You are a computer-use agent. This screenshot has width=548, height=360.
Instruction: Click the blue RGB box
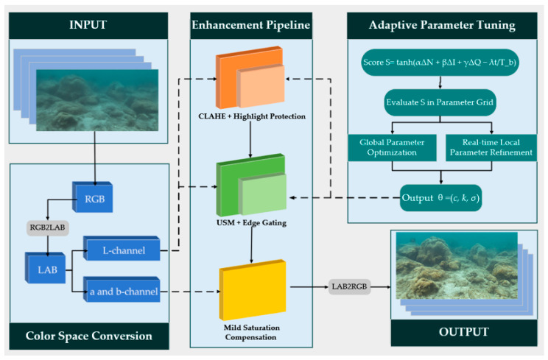(93, 197)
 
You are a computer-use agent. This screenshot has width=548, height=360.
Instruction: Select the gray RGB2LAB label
(48, 227)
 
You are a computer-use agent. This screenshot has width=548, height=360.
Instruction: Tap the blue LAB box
(46, 268)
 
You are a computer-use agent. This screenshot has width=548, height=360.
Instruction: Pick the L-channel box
(122, 249)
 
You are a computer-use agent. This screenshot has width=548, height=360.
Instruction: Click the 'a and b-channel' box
(122, 289)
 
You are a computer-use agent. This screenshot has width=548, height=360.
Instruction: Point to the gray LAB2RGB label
(349, 286)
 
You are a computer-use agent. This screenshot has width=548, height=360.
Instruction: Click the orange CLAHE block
(250, 77)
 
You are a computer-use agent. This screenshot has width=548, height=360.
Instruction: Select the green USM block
(251, 185)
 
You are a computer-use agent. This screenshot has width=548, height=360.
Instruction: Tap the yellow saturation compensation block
(253, 290)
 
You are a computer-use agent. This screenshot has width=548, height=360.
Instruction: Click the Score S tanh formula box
(440, 63)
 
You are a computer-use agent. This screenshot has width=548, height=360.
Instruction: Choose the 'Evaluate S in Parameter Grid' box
(440, 102)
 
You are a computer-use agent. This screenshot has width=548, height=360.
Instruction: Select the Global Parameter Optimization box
(392, 147)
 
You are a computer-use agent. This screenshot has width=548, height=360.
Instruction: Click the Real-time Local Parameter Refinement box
(491, 147)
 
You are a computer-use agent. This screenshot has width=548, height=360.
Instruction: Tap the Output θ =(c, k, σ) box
(440, 198)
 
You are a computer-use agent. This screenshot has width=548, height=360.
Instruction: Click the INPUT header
(88, 26)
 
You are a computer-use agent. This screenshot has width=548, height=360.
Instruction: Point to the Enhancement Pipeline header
(251, 26)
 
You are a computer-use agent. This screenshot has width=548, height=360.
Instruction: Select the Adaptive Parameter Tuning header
(442, 26)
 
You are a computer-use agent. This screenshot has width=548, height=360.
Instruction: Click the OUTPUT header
(464, 333)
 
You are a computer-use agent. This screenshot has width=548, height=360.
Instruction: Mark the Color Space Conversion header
(89, 336)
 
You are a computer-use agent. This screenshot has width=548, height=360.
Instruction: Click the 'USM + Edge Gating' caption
(252, 223)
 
